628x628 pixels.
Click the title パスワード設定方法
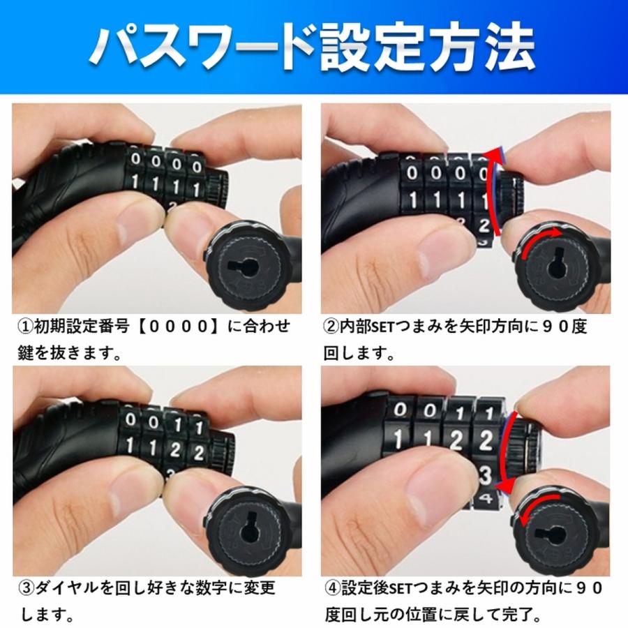313,49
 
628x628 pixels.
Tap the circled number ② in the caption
333,327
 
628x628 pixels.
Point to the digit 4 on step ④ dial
486,499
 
